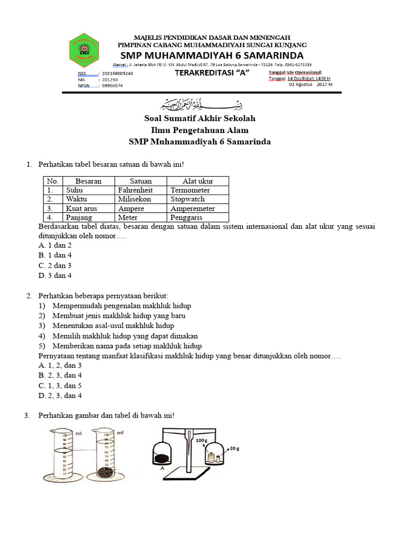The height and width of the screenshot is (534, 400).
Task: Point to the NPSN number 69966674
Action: [x=113, y=86]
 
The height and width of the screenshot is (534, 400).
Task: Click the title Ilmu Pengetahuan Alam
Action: [x=199, y=130]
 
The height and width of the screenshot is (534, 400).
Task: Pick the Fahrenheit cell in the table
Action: [x=135, y=190]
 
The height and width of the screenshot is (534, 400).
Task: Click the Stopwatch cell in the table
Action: [x=187, y=199]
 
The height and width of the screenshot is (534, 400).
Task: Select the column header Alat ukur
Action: [x=197, y=181]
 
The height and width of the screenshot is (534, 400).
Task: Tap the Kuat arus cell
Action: [x=81, y=209]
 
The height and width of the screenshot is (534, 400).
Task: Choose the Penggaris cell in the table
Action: [x=186, y=217]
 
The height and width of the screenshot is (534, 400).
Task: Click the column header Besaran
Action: [x=88, y=181]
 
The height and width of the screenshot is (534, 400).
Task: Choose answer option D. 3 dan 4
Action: [x=55, y=275]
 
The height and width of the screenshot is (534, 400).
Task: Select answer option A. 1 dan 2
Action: [x=55, y=245]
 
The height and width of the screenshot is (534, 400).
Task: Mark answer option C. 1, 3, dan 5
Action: [x=60, y=385]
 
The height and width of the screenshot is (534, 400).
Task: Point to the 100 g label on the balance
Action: [x=202, y=441]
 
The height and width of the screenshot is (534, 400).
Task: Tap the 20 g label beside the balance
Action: [x=234, y=448]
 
